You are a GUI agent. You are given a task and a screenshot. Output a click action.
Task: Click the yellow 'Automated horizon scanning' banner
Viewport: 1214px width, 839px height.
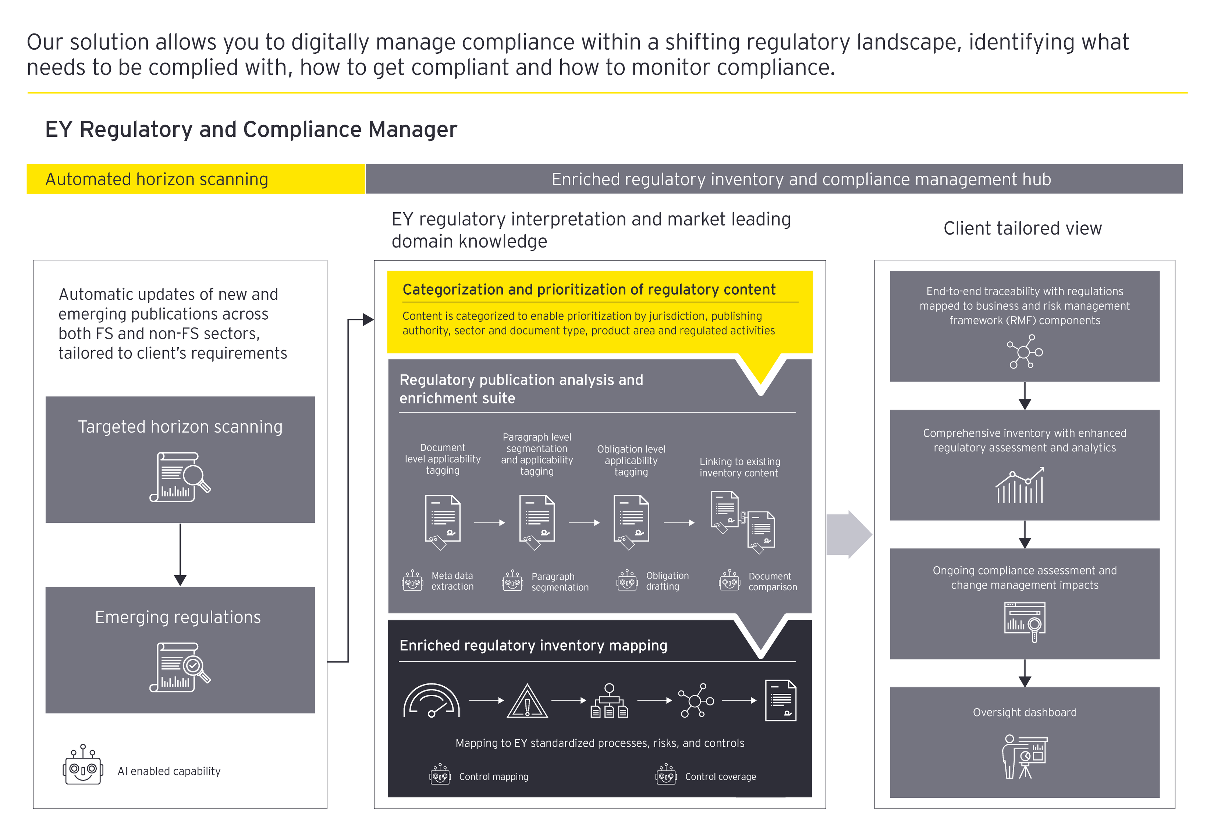click(x=196, y=179)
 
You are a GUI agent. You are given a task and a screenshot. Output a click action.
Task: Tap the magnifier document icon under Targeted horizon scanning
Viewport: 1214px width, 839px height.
click(x=180, y=477)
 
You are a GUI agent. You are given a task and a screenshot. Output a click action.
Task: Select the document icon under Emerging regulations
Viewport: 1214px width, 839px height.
click(x=180, y=667)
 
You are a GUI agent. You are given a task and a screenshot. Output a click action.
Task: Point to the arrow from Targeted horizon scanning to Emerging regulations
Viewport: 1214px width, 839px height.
click(x=180, y=555)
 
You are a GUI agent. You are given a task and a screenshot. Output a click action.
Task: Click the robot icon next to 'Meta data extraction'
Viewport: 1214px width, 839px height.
click(x=413, y=581)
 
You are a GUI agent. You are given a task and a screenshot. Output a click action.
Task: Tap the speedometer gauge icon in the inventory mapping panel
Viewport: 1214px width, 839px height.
click(x=431, y=701)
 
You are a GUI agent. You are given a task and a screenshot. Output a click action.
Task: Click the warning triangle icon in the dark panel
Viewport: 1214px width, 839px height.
click(x=527, y=702)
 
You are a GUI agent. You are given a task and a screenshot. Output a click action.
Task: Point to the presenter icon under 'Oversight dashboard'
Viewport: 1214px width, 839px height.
click(x=1024, y=757)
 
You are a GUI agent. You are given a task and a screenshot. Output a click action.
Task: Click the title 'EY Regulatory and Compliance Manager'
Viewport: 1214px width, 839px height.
click(x=251, y=129)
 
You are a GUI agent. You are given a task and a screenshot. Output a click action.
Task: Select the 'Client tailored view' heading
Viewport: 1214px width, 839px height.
click(x=1022, y=228)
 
